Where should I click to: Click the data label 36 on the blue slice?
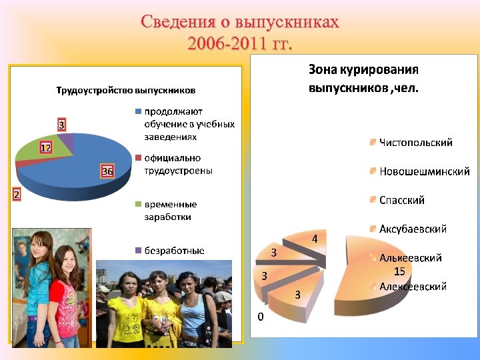point(107,172)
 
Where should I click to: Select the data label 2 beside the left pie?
point(15,195)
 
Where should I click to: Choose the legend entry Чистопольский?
point(415,142)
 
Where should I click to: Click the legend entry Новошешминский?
point(424,171)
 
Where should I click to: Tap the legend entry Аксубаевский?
point(413,229)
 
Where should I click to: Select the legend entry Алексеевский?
point(413,286)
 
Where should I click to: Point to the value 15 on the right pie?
point(399,271)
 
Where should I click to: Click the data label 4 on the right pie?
point(315,239)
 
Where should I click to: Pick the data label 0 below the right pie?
point(261,317)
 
